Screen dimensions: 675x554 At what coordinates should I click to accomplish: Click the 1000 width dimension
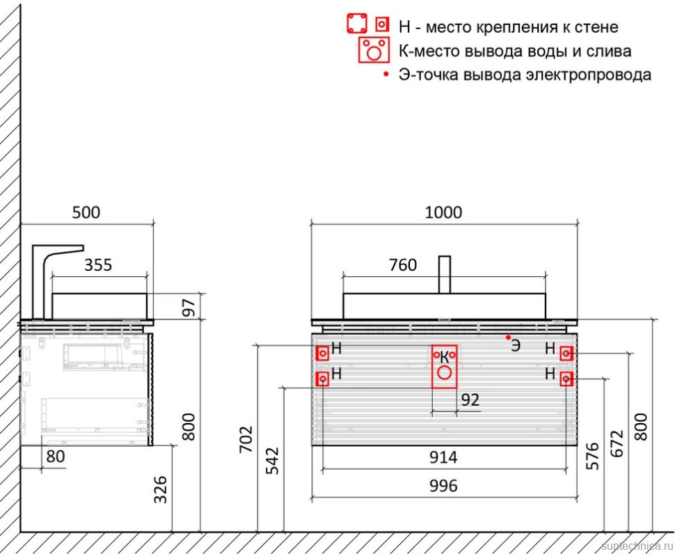tap(443, 213)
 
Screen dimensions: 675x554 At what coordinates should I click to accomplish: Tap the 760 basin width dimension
tap(403, 264)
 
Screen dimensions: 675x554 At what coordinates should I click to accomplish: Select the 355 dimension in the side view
tap(98, 264)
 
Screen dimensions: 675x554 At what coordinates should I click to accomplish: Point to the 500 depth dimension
tap(86, 213)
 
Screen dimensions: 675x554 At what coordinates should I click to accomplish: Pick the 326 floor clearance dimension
tap(161, 489)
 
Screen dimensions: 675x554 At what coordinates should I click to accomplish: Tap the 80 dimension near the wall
tap(56, 457)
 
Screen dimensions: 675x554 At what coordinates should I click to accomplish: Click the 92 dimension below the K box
tap(470, 400)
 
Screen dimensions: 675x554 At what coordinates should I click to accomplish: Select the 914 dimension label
tap(443, 457)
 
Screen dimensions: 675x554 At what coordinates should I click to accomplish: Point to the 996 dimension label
tap(443, 486)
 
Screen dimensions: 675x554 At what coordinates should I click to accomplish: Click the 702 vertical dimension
tap(246, 439)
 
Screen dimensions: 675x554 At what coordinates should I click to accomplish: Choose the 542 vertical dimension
tap(272, 461)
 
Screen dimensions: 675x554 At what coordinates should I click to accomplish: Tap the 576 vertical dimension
tap(592, 456)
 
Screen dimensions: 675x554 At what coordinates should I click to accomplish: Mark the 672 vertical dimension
tap(617, 444)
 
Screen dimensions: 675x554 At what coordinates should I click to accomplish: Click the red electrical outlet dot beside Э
tap(509, 337)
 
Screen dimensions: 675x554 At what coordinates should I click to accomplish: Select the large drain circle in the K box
tap(444, 373)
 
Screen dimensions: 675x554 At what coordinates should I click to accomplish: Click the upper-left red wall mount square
tap(323, 354)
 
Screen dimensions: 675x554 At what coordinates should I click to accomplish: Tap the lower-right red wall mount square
tap(566, 379)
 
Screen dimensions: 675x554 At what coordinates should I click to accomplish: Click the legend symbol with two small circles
tap(374, 50)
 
